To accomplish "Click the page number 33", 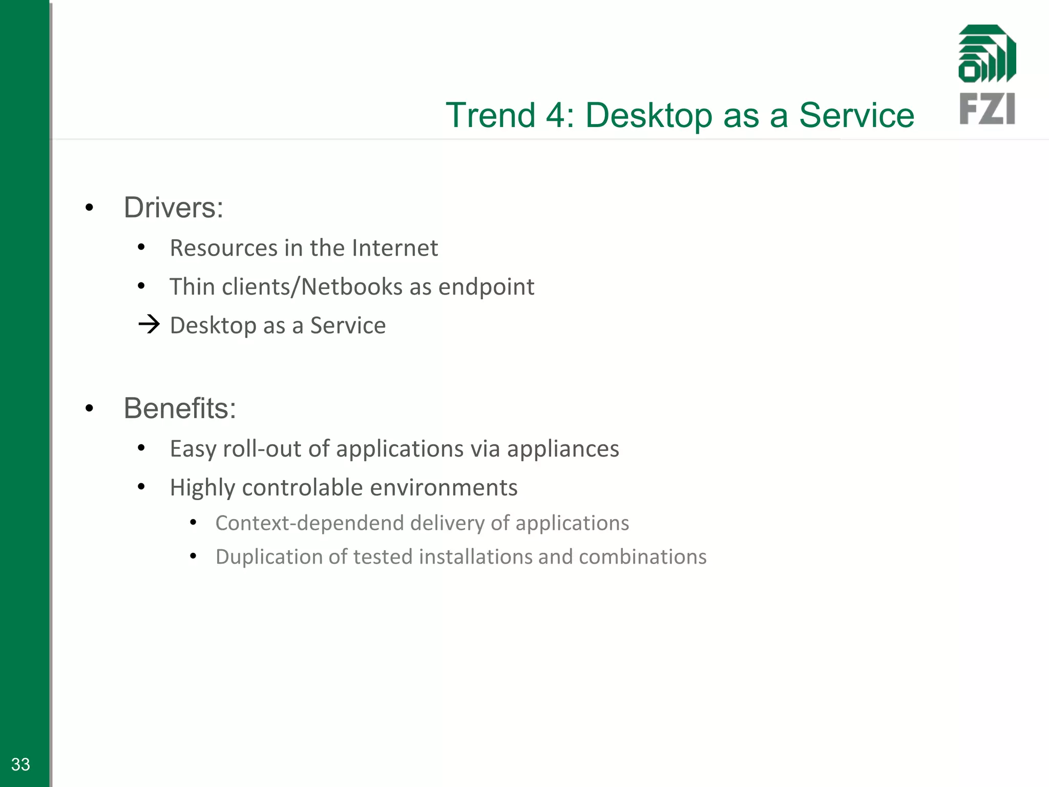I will tap(20, 764).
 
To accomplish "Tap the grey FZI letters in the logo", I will tap(987, 109).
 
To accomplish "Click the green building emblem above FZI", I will tap(987, 54).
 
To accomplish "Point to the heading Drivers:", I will tap(173, 208).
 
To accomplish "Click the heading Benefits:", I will tap(180, 408).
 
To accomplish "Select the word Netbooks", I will tap(352, 287).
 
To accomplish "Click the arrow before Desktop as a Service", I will tap(149, 324).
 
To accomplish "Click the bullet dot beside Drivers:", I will tap(90, 208).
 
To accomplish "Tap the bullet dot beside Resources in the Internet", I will tap(142, 248).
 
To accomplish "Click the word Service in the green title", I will tap(856, 115).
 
